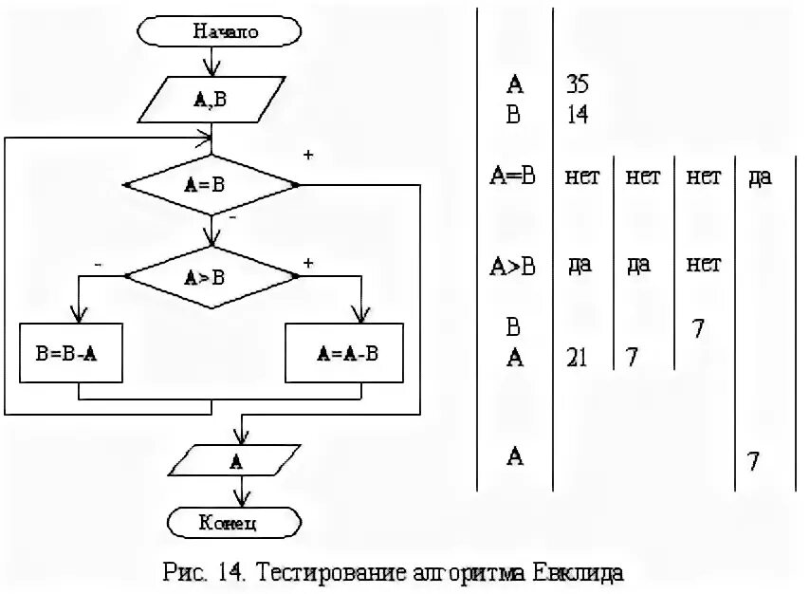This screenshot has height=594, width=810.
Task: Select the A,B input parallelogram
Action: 212,98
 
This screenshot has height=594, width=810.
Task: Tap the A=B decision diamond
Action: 212,184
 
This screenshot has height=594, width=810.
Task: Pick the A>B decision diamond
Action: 212,277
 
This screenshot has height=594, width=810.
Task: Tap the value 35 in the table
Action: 577,84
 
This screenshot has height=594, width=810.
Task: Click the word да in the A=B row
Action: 760,177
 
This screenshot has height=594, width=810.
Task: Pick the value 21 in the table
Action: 577,358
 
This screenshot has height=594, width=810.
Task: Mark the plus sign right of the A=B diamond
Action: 307,155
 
